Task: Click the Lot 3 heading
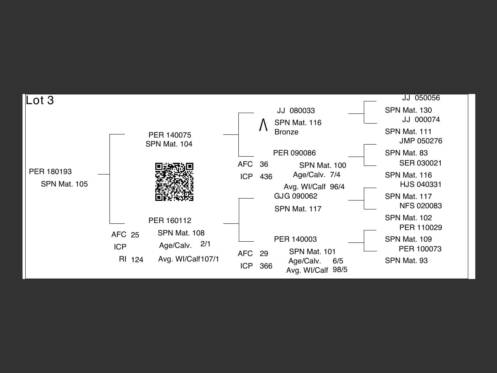40,100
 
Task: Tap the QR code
174,182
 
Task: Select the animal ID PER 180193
50,172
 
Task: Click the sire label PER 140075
170,135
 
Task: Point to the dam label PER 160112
170,221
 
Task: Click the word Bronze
286,132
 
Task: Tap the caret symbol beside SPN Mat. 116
263,125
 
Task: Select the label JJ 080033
296,111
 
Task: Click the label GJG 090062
295,196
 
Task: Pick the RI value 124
137,260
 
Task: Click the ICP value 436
266,177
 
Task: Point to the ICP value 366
266,266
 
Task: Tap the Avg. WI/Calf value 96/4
337,187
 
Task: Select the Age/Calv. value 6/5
338,261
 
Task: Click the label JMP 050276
421,141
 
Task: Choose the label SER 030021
421,163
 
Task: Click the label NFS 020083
421,206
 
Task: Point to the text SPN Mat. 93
406,261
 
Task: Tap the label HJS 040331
421,185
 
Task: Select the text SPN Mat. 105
64,184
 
